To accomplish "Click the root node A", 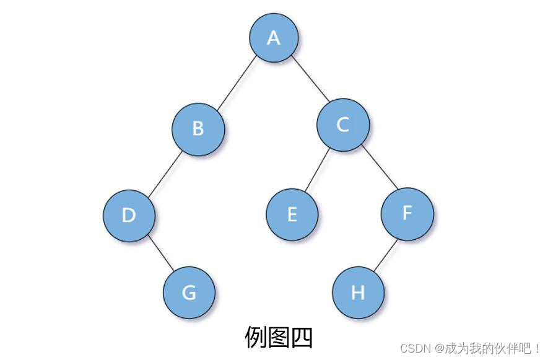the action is coord(274,37).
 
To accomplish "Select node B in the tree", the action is coord(198,128).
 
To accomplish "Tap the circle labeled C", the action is coord(342,125).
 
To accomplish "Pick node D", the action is coord(129,215).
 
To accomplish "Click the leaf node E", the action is coord(292,214).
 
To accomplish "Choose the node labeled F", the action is coord(407,213).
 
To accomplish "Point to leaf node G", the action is coord(189,292).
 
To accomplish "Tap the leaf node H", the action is coord(358,292).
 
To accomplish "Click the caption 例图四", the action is coord(279,338).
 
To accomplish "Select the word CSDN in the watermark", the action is coord(415,348).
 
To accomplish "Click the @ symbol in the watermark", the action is coord(439,348).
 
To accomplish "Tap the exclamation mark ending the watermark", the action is coord(537,348).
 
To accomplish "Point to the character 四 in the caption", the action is coord(302,338).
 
